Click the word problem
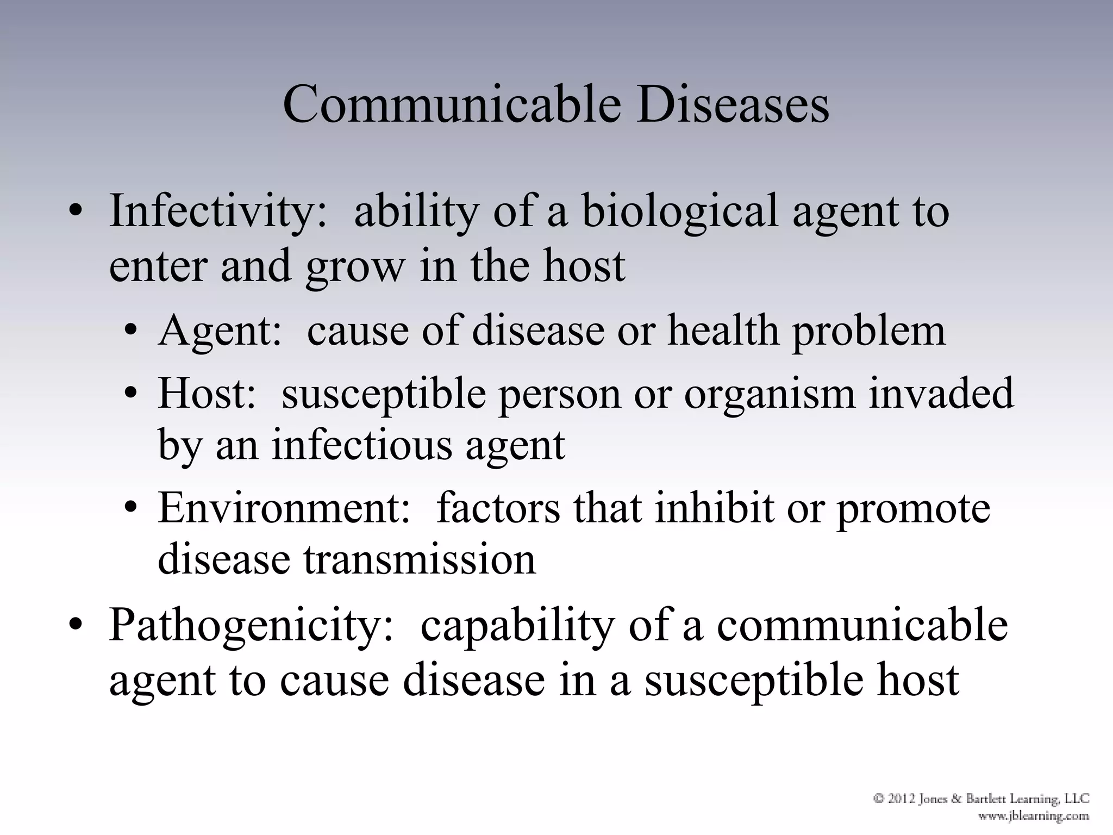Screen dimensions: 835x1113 tap(868, 332)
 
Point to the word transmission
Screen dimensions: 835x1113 tap(419, 560)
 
